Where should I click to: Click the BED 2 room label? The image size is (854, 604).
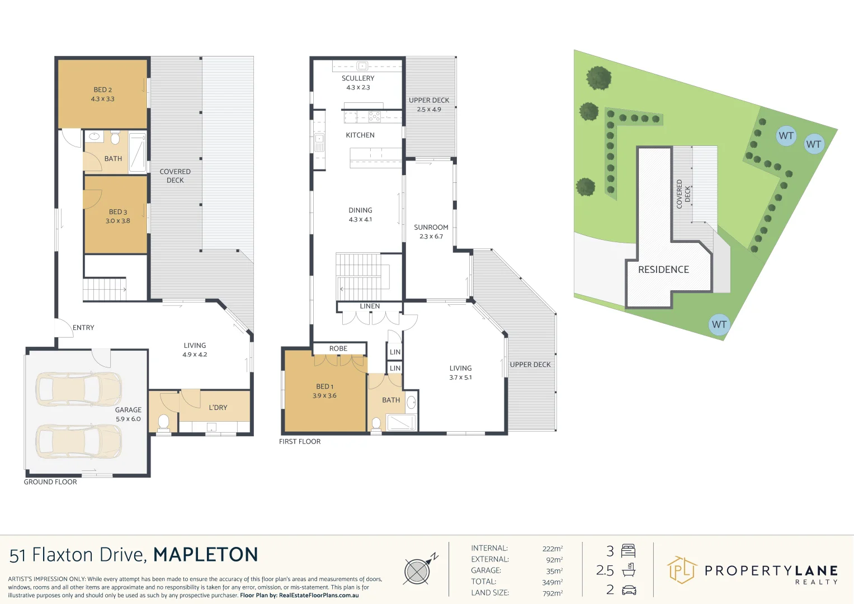[102, 90]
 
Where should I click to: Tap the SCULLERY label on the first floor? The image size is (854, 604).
[358, 78]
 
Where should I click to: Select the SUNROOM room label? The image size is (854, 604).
[431, 228]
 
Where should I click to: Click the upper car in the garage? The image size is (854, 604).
[78, 389]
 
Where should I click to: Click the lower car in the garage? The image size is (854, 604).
[78, 441]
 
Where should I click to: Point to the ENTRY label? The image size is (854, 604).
[83, 328]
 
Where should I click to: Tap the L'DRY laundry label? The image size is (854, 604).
[218, 408]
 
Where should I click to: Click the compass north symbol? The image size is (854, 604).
[418, 571]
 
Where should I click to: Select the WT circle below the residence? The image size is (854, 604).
[719, 324]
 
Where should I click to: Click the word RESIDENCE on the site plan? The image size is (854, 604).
[663, 270]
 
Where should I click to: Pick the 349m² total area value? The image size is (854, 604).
[552, 582]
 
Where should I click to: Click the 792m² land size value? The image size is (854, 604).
[552, 593]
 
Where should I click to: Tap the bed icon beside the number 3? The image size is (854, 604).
[629, 551]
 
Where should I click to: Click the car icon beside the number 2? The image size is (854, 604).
[629, 590]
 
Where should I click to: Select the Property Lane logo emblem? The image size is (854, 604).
[681, 570]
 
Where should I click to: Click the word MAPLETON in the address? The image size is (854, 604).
[206, 555]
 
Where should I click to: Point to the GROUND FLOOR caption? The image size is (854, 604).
[50, 482]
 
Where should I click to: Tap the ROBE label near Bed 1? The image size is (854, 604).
[338, 348]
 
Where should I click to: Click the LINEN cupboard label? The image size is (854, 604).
[370, 306]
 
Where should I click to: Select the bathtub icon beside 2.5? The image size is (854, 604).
[629, 571]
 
